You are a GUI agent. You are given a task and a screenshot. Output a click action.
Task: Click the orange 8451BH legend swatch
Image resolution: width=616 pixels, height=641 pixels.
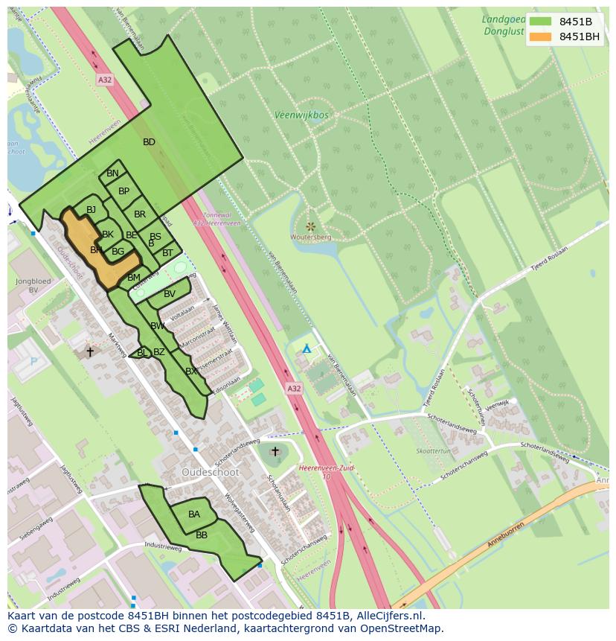pos(541,36)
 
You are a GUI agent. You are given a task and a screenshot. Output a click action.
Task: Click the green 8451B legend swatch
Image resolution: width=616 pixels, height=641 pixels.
pos(541,22)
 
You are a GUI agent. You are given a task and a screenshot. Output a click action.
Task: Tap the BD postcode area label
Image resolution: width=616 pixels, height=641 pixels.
pos(149,142)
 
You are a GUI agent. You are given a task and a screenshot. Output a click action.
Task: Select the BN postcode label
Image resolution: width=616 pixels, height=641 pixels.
pos(112,173)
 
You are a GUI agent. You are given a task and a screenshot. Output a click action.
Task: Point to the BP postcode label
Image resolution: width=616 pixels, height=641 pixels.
pos(123,191)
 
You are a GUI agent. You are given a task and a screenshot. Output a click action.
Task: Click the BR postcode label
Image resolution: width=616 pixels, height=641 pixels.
pos(140,214)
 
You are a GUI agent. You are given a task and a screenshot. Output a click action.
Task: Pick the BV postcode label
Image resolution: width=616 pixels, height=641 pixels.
pos(170,294)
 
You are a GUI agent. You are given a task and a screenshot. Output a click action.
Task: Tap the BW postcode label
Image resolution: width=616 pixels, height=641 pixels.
pos(157,326)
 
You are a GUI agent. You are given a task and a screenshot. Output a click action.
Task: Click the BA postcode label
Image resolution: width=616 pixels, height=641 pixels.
pos(194,514)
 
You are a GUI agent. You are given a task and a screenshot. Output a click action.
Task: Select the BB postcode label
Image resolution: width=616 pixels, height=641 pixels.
pos(202,535)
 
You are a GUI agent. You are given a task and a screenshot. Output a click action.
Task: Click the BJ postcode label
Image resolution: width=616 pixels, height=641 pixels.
pos(91,210)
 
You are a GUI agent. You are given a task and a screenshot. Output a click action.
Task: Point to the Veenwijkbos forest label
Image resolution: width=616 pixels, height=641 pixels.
pos(301,115)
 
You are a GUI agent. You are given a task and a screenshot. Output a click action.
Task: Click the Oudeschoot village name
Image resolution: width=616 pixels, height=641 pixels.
pos(209,472)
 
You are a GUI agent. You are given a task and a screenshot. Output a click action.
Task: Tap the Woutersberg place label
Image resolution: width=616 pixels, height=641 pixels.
pos(311,237)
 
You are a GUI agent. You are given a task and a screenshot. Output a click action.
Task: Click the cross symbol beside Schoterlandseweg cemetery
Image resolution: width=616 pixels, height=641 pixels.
pos(275,451)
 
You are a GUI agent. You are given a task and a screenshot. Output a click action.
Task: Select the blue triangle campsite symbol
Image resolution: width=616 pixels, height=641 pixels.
pos(307,348)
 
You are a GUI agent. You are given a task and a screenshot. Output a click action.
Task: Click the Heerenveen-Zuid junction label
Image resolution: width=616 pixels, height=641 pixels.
pos(326,468)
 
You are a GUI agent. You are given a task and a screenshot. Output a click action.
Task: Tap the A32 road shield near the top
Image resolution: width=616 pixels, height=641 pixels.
pos(105,78)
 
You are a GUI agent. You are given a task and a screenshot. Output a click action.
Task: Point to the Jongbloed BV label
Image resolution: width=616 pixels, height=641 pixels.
pos(33,286)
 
